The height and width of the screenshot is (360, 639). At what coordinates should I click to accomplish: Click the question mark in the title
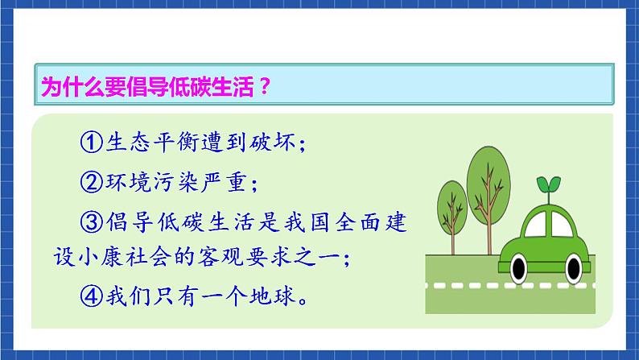(x=262, y=86)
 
